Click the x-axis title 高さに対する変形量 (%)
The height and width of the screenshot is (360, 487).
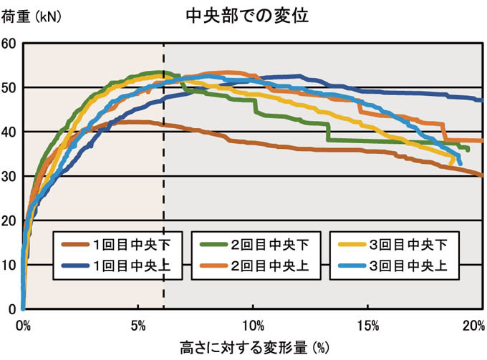[x=254, y=349]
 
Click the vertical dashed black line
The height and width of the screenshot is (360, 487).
[x=164, y=179]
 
